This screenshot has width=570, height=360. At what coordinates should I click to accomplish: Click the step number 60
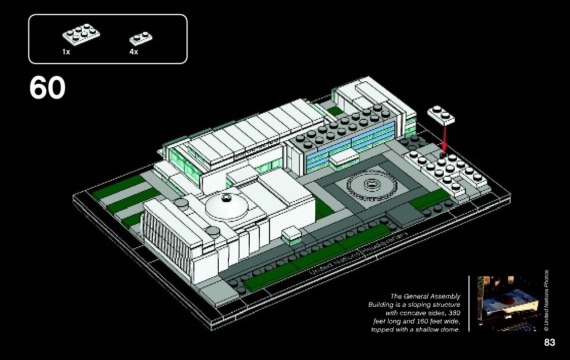(47, 88)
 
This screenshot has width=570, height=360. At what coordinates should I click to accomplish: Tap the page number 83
(549, 343)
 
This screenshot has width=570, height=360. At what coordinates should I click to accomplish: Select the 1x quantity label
(66, 52)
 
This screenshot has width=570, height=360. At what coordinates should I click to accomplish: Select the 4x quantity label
(133, 52)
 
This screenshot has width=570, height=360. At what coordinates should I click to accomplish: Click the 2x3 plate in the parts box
(81, 33)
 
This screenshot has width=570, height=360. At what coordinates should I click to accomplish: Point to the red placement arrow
(445, 137)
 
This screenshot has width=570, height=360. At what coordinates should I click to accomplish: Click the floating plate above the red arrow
(441, 115)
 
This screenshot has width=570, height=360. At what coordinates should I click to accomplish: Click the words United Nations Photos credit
(546, 301)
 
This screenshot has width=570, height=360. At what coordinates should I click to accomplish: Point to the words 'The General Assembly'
(425, 296)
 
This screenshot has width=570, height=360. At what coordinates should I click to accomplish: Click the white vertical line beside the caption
(469, 304)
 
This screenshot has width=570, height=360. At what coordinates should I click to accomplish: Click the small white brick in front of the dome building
(292, 235)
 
